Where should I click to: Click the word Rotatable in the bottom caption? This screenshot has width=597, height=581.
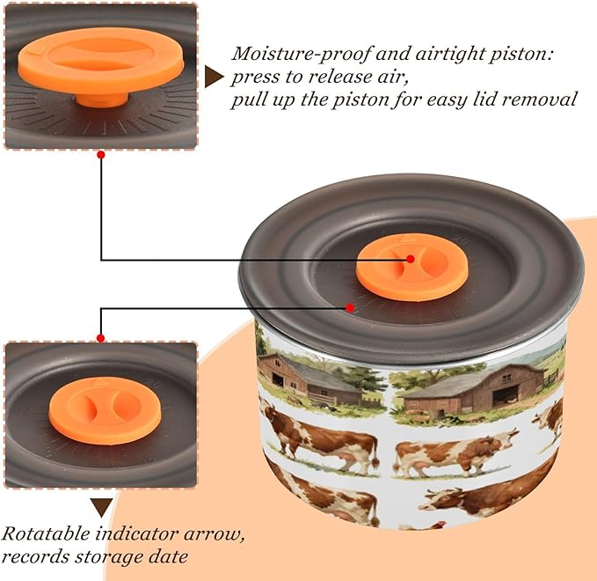[x=46, y=533]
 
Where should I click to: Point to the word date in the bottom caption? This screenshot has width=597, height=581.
[x=168, y=556]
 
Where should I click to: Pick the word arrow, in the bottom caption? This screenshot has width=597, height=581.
[x=214, y=534]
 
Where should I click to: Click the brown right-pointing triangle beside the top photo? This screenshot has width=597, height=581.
[x=214, y=77]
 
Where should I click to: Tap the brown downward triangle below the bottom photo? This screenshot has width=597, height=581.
[x=102, y=507]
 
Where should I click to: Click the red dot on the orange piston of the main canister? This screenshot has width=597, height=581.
[x=410, y=259]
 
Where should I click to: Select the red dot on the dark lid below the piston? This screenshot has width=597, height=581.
[x=350, y=307]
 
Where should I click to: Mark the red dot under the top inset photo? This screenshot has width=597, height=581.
[x=101, y=155]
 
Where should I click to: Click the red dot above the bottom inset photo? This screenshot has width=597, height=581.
[x=100, y=338]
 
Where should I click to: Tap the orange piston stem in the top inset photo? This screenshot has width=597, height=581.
[x=102, y=99]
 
